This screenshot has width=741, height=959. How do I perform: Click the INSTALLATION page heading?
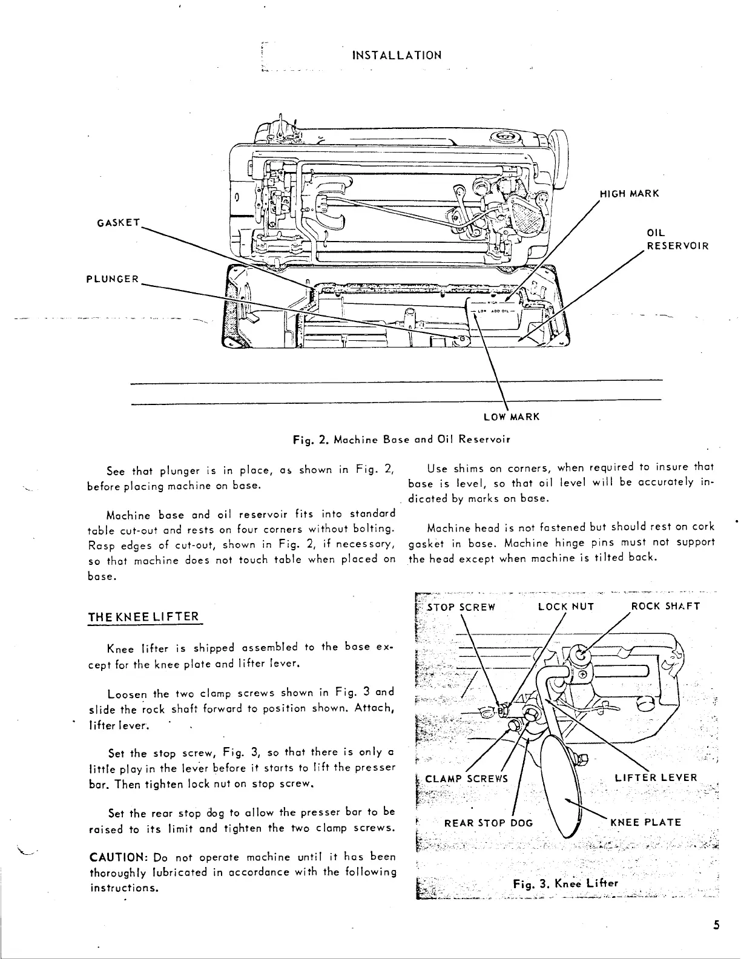tap(397, 55)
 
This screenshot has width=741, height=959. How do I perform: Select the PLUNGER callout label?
tap(113, 279)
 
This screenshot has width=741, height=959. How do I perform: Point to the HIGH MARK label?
tap(628, 194)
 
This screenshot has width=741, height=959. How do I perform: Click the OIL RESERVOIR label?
tap(677, 240)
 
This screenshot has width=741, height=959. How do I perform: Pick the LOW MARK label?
tap(512, 417)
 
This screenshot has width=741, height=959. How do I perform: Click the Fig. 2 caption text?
tap(398, 439)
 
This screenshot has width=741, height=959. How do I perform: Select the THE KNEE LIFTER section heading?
tap(143, 617)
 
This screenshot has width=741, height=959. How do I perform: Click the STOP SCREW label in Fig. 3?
tap(461, 607)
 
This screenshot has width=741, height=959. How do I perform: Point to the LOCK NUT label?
tap(565, 607)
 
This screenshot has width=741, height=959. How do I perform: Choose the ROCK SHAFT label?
tap(665, 607)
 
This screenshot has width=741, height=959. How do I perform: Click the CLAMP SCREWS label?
tap(467, 778)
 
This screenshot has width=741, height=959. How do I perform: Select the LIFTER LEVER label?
tap(656, 778)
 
